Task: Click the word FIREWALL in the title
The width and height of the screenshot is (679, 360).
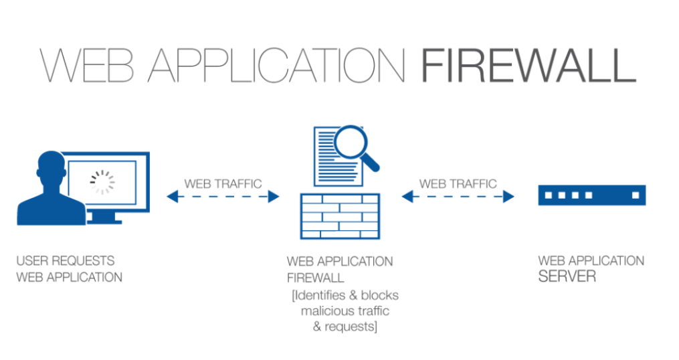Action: tap(528, 66)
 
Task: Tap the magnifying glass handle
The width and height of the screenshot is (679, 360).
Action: tap(372, 164)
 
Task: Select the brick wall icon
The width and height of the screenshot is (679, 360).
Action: tap(339, 215)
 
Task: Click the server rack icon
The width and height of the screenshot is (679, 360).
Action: tap(591, 195)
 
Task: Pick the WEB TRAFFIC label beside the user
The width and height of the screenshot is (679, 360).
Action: tap(223, 183)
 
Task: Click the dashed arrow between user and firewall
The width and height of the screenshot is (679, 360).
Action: tap(223, 196)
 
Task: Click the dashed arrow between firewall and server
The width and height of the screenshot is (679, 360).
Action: tap(458, 196)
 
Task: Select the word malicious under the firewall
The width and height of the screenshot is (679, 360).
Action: tap(324, 310)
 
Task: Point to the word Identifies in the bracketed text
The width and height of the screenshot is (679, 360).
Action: tap(318, 294)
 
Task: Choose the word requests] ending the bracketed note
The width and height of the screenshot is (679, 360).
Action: tap(350, 327)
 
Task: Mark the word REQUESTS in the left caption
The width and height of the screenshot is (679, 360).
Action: tap(84, 260)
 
